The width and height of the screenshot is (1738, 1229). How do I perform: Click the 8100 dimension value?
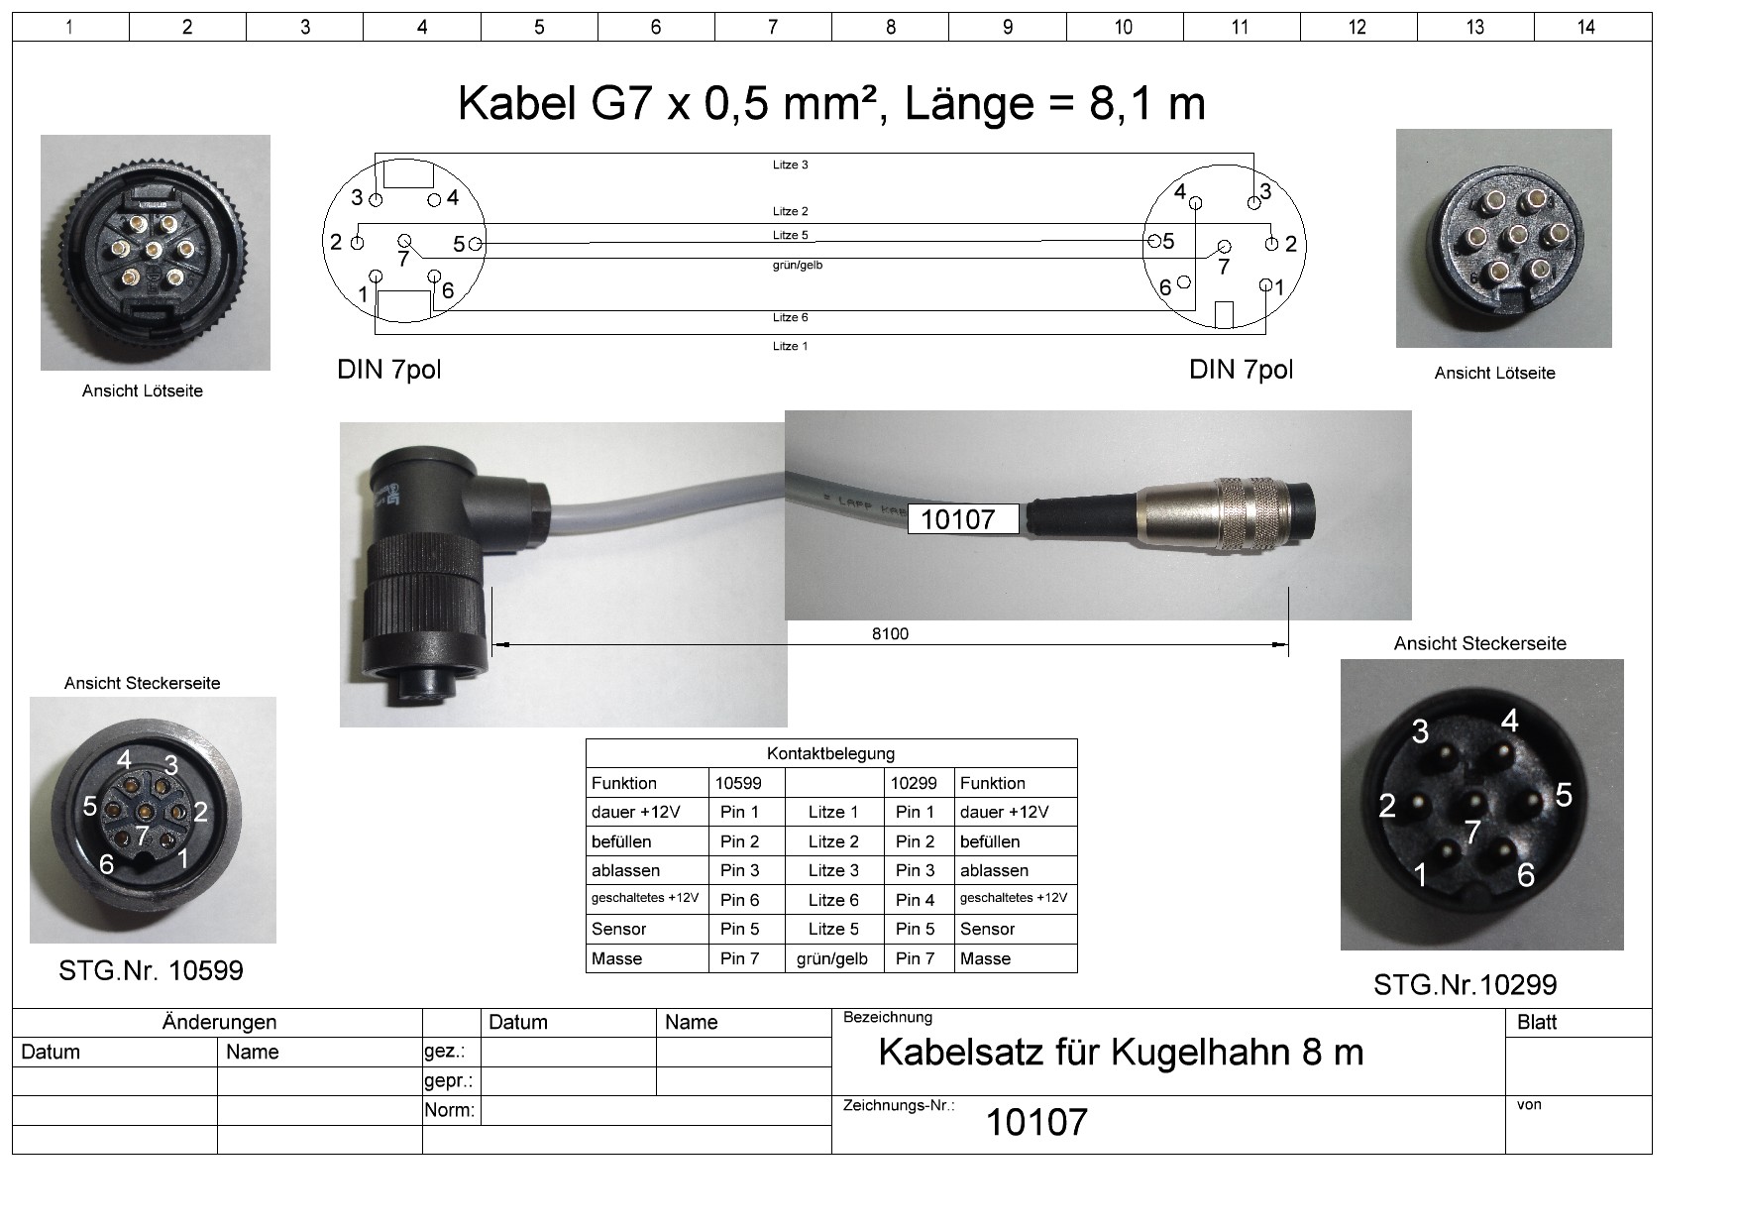890,633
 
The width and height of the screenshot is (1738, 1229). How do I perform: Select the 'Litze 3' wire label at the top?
790,165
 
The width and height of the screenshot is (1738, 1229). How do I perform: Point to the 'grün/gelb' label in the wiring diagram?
797,265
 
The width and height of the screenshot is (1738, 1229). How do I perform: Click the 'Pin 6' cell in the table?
739,900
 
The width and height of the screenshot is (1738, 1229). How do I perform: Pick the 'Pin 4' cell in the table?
915,900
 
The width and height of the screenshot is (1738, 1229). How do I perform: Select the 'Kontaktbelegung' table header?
830,753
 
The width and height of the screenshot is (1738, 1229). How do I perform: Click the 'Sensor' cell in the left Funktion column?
618,929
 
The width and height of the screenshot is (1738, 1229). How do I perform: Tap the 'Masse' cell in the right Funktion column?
985,958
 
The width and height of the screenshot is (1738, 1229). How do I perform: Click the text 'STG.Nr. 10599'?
151,970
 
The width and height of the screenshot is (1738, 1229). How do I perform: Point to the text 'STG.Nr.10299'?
1465,985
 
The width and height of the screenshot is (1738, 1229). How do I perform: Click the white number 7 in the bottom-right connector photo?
1472,832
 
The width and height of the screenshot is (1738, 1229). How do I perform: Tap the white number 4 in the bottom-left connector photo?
124,760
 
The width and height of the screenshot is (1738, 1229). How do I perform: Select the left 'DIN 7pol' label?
388,370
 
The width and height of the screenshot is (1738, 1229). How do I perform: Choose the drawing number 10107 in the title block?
1035,1122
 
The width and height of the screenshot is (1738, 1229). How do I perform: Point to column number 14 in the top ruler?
1585,27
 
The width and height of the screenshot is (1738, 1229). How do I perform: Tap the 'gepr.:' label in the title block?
448,1080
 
